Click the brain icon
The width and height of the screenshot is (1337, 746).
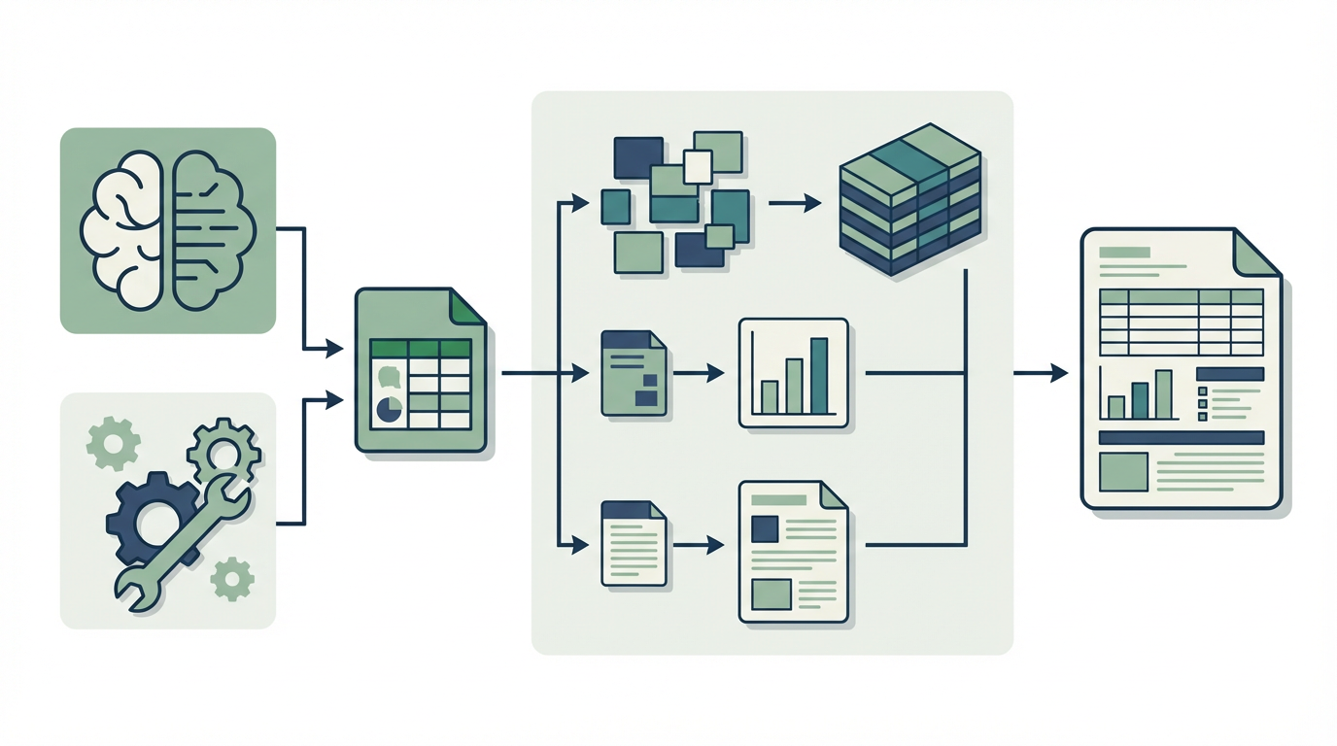pos(168,229)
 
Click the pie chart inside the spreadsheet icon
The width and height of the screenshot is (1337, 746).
pos(390,409)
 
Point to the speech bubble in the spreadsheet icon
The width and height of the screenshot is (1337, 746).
pos(389,377)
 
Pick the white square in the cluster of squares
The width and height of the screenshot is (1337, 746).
pos(698,166)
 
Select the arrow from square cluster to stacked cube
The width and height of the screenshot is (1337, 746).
pos(794,203)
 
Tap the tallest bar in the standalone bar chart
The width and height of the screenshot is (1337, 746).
pos(819,375)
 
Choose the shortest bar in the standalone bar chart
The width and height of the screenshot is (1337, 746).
pos(770,396)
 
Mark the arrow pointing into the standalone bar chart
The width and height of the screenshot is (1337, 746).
pos(700,373)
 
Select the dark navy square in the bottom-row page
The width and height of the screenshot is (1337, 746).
pos(765,528)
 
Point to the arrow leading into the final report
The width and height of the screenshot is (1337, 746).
pos(1040,373)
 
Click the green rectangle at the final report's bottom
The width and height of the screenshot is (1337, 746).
pos(1123,472)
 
